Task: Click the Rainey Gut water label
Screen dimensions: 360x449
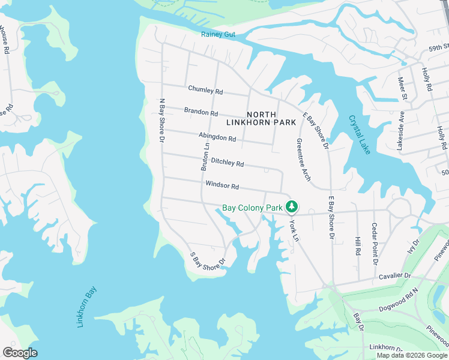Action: tap(218, 34)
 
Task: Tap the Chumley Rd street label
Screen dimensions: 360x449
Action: tap(205, 91)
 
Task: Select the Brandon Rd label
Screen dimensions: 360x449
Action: tap(201, 112)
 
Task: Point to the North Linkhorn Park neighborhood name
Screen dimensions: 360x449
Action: tap(261, 118)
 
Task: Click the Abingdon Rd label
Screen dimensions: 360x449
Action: tap(217, 137)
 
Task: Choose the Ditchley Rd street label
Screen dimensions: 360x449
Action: tap(227, 163)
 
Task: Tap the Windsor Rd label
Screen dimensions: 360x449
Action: tap(222, 186)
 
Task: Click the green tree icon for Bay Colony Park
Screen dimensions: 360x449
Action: tap(292, 207)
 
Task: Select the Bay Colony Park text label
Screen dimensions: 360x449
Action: tap(252, 208)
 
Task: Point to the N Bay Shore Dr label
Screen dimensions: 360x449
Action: tap(161, 121)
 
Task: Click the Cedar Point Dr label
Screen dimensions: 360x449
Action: tap(374, 245)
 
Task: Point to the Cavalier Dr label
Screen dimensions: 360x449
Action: tap(394, 276)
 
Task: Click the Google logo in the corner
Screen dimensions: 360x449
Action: tap(20, 353)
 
